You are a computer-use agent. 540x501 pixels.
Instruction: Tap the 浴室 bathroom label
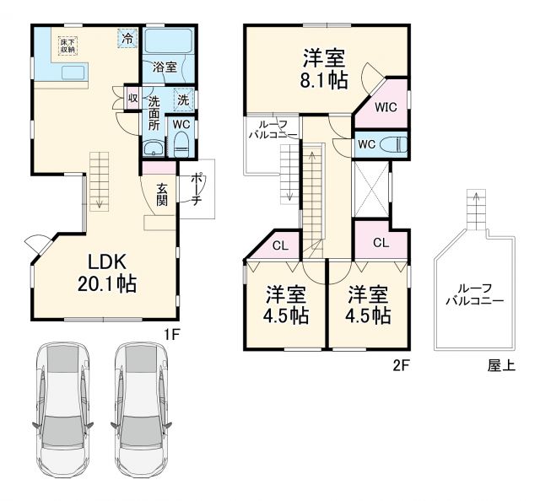[x=164, y=66]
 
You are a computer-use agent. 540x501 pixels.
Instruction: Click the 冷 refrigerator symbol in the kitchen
[x=127, y=38]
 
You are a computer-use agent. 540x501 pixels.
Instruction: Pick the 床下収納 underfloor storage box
[x=67, y=46]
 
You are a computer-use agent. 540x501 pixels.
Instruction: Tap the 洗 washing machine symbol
[x=184, y=100]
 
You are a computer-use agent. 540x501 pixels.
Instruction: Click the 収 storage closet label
[x=132, y=98]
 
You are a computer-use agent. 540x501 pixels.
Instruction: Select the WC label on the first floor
[x=181, y=123]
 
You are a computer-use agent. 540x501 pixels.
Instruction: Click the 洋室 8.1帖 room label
[x=325, y=69]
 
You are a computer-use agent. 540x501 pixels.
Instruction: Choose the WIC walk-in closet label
[x=386, y=107]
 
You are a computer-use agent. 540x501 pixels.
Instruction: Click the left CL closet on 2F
[x=280, y=246]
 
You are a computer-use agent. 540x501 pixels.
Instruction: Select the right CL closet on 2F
[x=381, y=243]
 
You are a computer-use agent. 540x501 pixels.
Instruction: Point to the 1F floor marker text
[x=172, y=333]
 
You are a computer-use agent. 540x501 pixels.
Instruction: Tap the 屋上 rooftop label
[x=501, y=365]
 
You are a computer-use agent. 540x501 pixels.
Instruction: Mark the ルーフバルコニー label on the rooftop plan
[x=476, y=293]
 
